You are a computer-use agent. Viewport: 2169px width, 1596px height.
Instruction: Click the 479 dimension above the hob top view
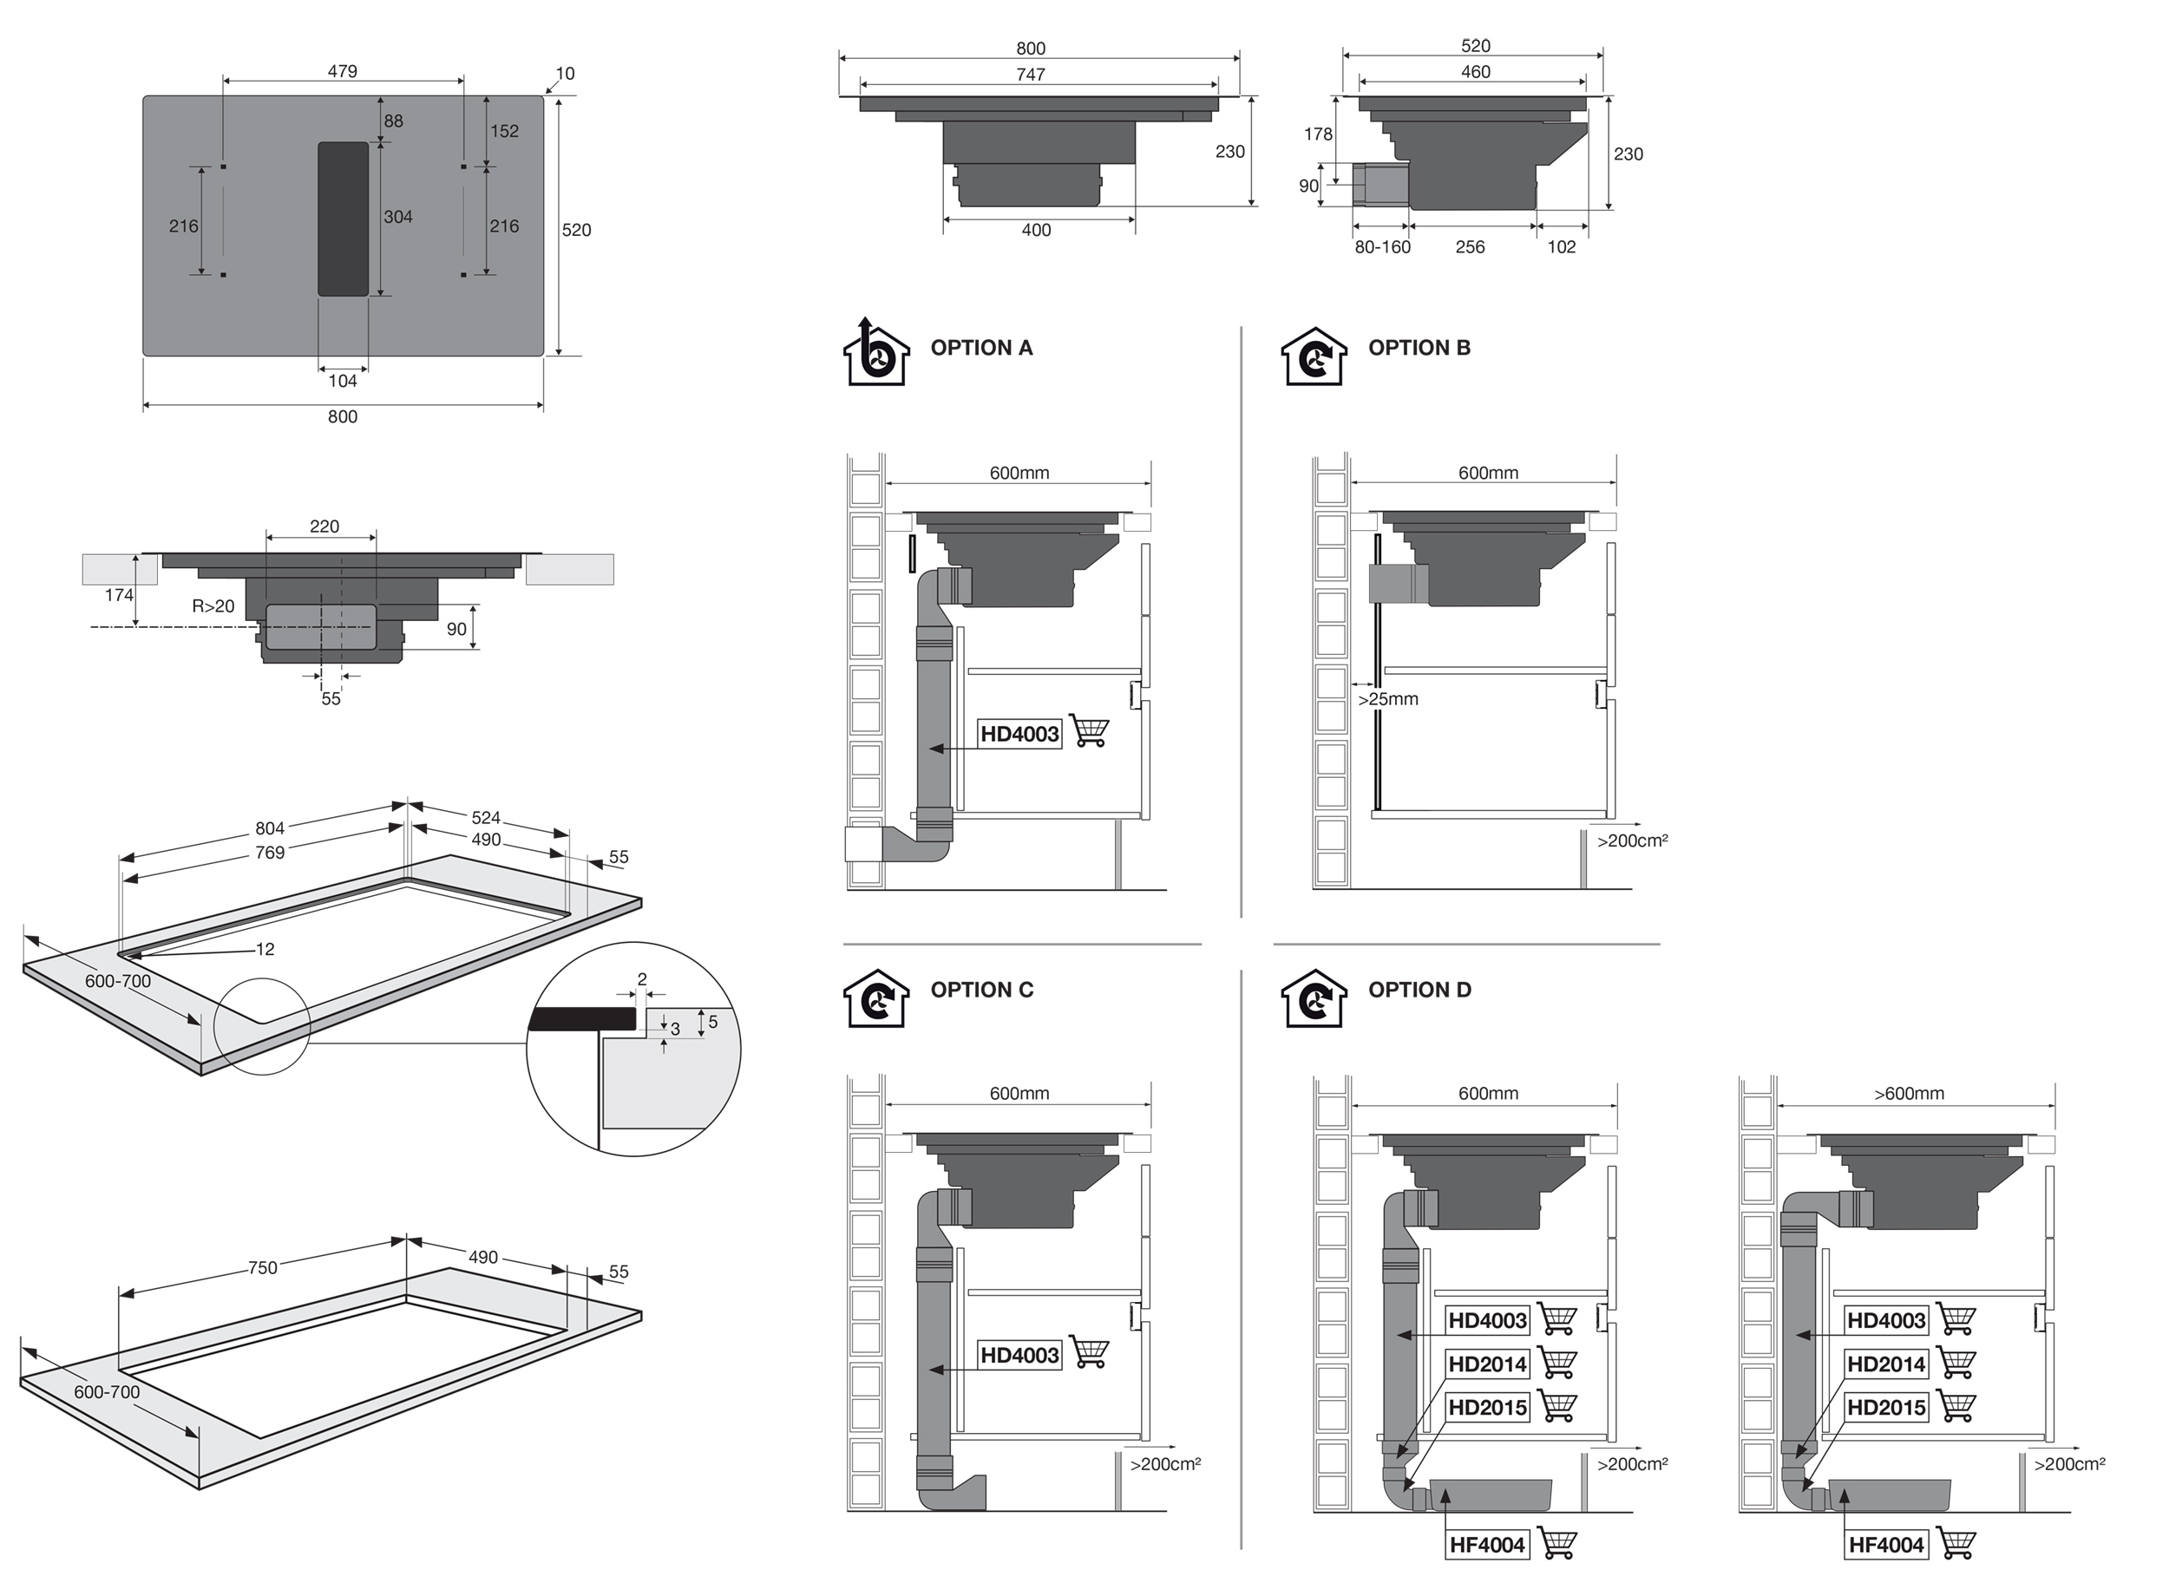pyautogui.click(x=342, y=70)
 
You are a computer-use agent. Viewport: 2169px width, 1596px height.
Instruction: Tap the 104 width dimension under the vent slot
pyautogui.click(x=343, y=381)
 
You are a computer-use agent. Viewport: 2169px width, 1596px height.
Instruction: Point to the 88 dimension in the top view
pyautogui.click(x=393, y=121)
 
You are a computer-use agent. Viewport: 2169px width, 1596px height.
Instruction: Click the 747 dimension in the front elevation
pyautogui.click(x=1031, y=75)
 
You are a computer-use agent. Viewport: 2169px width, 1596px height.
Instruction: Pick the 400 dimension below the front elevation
pyautogui.click(x=1036, y=230)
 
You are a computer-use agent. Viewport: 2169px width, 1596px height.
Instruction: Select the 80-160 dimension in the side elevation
pyautogui.click(x=1383, y=247)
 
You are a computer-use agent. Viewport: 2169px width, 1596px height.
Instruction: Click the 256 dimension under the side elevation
pyautogui.click(x=1470, y=247)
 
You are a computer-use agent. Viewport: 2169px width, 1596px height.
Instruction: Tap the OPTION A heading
pyautogui.click(x=981, y=348)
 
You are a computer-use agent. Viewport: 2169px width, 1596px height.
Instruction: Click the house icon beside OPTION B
pyautogui.click(x=1313, y=356)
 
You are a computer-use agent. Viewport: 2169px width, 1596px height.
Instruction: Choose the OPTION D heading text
pyautogui.click(x=1419, y=990)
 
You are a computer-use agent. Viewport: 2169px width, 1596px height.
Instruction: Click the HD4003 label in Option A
pyautogui.click(x=1019, y=734)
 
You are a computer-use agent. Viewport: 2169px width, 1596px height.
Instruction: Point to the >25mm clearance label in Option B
pyautogui.click(x=1388, y=698)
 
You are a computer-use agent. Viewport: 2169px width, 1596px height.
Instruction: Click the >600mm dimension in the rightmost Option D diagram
pyautogui.click(x=1909, y=1094)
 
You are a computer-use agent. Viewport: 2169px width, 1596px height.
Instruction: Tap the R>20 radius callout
pyautogui.click(x=213, y=606)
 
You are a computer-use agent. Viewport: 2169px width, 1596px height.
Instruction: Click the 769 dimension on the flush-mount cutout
pyautogui.click(x=270, y=852)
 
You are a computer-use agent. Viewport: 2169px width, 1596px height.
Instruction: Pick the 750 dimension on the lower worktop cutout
pyautogui.click(x=263, y=1267)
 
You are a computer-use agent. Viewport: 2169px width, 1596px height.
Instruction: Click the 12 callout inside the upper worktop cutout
pyautogui.click(x=265, y=950)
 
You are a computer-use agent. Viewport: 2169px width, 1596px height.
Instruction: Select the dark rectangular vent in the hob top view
pyautogui.click(x=343, y=219)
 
